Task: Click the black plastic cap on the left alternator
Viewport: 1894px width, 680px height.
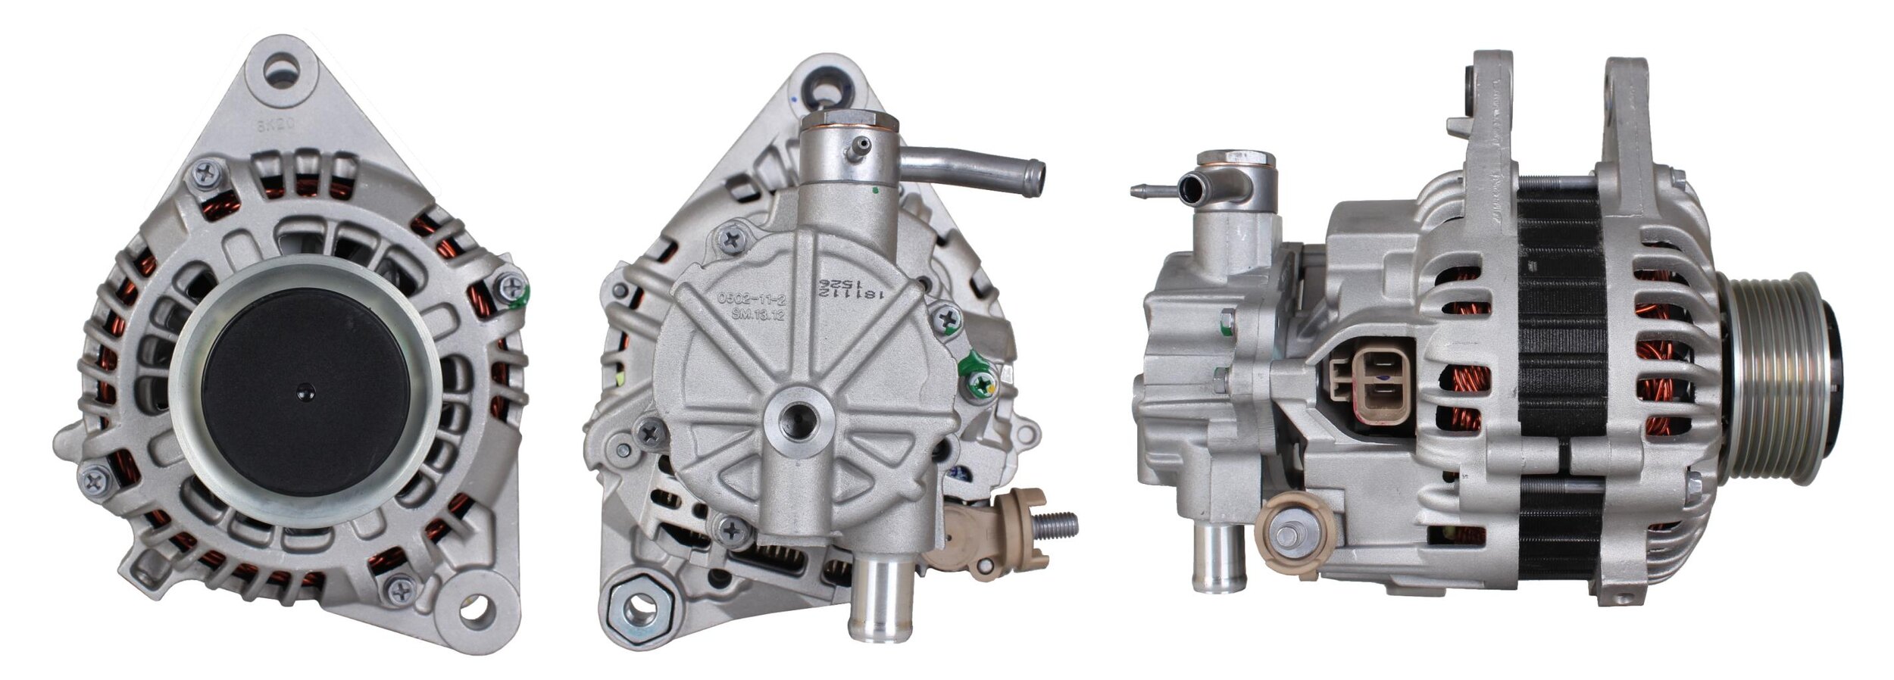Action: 306,391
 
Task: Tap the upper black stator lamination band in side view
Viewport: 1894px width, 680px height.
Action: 1561,303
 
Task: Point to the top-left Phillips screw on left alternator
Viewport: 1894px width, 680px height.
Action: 206,174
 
